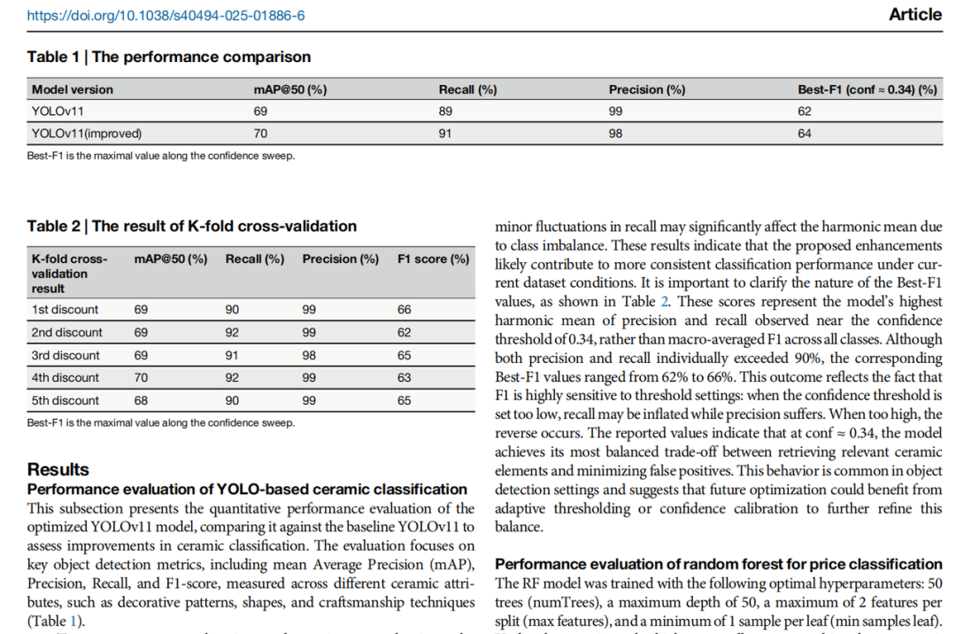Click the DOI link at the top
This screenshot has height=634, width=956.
click(x=166, y=16)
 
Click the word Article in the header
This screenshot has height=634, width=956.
click(x=914, y=15)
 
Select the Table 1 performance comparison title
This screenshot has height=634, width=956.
click(x=169, y=57)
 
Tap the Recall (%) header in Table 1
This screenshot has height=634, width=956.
click(x=467, y=89)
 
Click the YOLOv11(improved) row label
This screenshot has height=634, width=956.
click(x=87, y=134)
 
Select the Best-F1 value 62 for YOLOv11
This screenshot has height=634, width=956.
click(x=805, y=112)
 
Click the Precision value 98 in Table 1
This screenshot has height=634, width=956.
click(x=616, y=134)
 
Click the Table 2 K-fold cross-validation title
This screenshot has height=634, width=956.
click(x=192, y=226)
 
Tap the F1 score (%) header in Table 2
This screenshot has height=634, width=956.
click(x=434, y=259)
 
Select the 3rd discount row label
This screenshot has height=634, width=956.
click(x=66, y=355)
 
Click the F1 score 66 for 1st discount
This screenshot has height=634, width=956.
click(x=405, y=310)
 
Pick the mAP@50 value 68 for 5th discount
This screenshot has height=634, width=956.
click(x=142, y=400)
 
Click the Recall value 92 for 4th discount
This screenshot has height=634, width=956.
click(x=233, y=378)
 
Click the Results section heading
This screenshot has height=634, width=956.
click(x=58, y=469)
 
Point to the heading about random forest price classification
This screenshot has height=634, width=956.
click(x=718, y=564)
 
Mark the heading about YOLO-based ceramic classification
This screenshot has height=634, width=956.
click(x=247, y=489)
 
